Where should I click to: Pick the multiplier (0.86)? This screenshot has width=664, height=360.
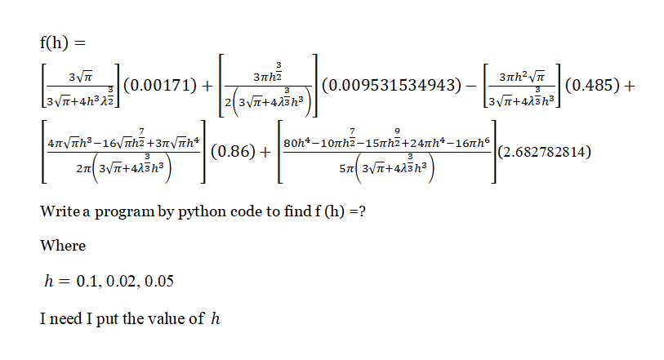click(x=235, y=152)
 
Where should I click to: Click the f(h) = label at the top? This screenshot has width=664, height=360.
click(x=62, y=42)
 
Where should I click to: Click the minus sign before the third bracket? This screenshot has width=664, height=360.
click(x=470, y=86)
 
